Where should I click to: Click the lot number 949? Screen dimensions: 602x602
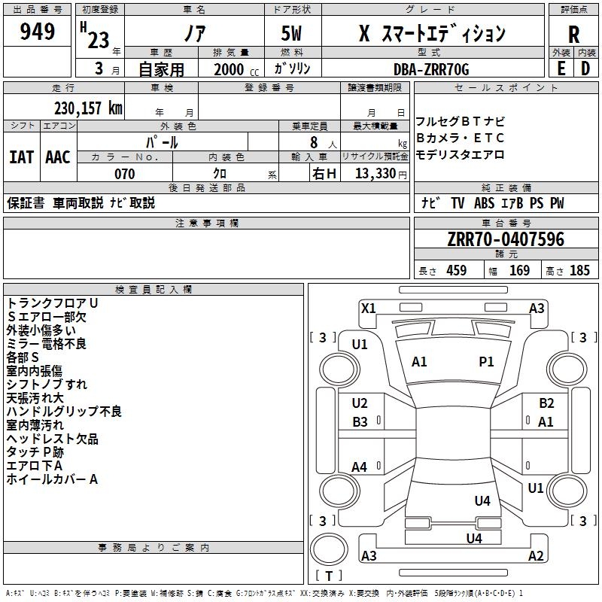click(38, 32)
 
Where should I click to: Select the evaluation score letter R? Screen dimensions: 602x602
click(573, 35)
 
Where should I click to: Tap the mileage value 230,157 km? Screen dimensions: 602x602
click(88, 108)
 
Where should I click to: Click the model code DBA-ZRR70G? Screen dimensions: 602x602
click(431, 69)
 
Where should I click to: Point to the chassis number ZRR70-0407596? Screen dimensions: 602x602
click(505, 240)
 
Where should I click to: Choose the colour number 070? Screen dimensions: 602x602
click(124, 174)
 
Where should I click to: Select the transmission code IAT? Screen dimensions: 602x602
click(21, 157)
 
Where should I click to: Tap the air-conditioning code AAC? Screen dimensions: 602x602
click(58, 157)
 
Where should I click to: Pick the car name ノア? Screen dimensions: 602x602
click(194, 34)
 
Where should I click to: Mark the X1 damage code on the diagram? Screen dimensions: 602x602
click(369, 308)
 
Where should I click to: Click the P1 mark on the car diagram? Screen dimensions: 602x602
click(487, 362)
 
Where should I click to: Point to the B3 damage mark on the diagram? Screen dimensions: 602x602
click(360, 422)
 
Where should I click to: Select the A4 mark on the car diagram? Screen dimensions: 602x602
click(360, 467)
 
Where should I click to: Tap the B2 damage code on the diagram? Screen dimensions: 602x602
click(546, 403)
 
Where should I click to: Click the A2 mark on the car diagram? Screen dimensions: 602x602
click(536, 555)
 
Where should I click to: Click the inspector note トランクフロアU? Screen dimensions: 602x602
click(52, 303)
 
